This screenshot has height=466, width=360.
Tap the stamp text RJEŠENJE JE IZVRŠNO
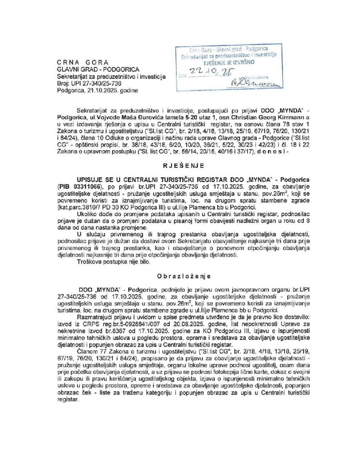point(223,61)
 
